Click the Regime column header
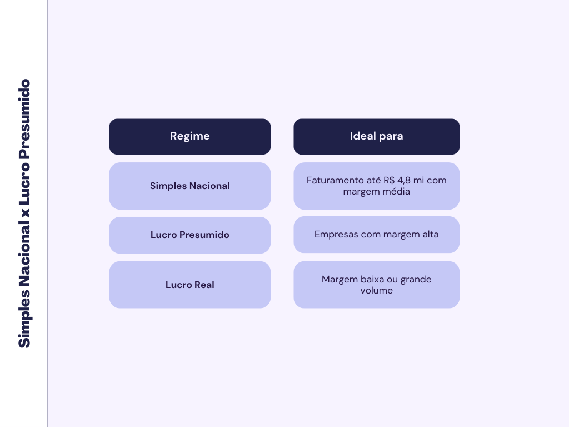[x=190, y=136]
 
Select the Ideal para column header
[x=376, y=136]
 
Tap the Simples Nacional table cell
[x=190, y=186]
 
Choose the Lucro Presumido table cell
[x=190, y=235]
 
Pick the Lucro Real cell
[x=190, y=285]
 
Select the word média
[x=396, y=191]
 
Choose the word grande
[x=416, y=279]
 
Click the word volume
[x=376, y=290]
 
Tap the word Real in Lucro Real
[x=204, y=285]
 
